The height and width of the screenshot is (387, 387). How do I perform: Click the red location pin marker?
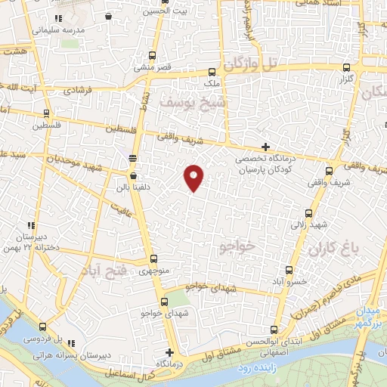pyautogui.click(x=194, y=178)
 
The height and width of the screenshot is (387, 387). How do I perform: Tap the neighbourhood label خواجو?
pyautogui.click(x=237, y=246)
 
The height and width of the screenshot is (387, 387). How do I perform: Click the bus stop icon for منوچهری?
pyautogui.click(x=153, y=259)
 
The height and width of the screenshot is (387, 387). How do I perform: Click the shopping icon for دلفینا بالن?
pyautogui.click(x=133, y=176)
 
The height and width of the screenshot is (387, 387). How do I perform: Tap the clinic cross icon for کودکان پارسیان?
pyautogui.click(x=265, y=147)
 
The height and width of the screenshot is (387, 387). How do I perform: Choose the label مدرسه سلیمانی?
pyautogui.click(x=58, y=31)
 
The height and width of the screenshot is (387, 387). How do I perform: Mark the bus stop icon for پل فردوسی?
pyautogui.click(x=42, y=329)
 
